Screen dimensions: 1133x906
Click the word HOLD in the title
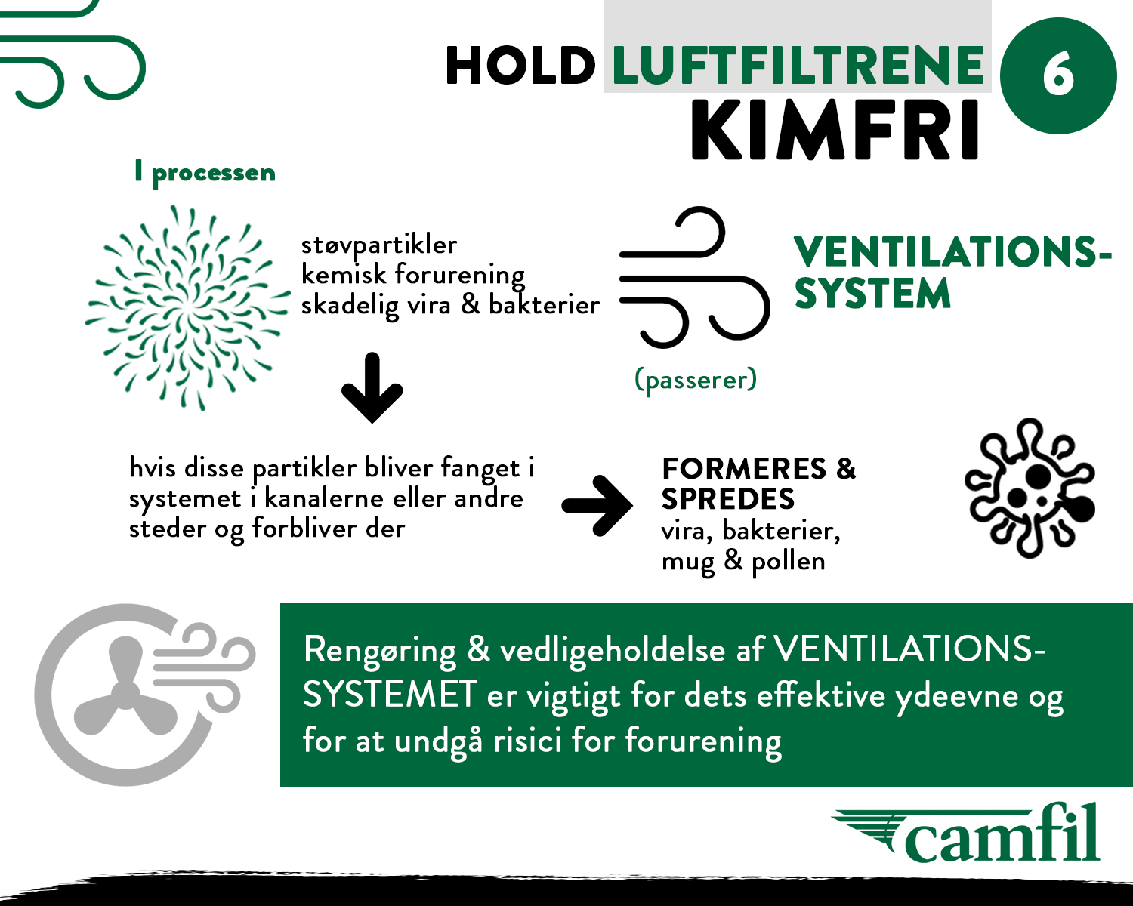click(x=520, y=65)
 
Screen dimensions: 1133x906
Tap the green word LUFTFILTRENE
click(x=798, y=65)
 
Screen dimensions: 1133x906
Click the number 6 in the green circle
click(x=1057, y=75)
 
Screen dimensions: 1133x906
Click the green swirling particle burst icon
click(x=187, y=307)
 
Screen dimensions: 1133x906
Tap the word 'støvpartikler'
click(x=379, y=245)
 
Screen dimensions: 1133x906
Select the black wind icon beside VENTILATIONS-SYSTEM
click(x=695, y=277)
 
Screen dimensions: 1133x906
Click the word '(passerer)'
click(x=696, y=380)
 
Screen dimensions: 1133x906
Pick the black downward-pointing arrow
click(x=372, y=387)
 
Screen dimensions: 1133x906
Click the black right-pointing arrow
click(x=597, y=506)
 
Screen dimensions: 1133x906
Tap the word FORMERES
click(x=744, y=469)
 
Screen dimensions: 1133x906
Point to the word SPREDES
click(x=728, y=499)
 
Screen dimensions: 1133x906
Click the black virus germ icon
click(x=1030, y=488)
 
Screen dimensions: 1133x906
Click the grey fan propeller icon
click(x=125, y=687)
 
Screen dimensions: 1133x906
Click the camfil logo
click(x=966, y=834)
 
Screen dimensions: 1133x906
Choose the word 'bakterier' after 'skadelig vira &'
click(x=545, y=305)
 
